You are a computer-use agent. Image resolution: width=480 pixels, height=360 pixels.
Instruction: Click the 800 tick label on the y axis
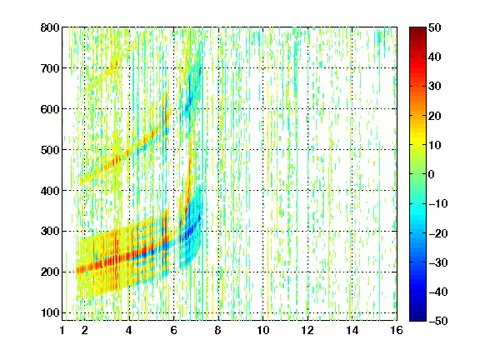click(x=50, y=27)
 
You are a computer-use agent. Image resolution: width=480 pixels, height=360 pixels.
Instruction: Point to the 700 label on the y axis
click(x=50, y=68)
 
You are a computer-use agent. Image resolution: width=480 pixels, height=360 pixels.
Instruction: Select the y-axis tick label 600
click(x=50, y=109)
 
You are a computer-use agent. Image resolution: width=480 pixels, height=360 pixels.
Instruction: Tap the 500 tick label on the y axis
click(x=50, y=150)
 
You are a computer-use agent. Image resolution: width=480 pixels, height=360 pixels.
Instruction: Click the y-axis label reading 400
click(x=50, y=191)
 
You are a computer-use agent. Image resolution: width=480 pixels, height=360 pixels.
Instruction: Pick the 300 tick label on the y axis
click(x=50, y=231)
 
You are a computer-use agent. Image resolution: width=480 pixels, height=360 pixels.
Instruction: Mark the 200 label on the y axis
click(x=50, y=272)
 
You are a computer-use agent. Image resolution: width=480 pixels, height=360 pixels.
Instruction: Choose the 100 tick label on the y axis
click(x=50, y=312)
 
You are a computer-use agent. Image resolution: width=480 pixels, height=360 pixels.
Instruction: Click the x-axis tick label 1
click(x=62, y=330)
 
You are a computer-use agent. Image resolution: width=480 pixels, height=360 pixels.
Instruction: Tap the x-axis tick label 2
click(x=85, y=330)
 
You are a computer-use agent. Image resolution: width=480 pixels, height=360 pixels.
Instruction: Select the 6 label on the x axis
click(x=174, y=330)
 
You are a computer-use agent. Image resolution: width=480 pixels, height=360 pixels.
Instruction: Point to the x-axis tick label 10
click(x=263, y=330)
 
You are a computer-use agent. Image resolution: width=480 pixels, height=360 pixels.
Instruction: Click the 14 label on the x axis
click(x=352, y=330)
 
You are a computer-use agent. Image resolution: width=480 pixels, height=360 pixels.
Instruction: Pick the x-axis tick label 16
click(x=397, y=330)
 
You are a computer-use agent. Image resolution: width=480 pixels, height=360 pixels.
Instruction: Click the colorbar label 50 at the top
click(x=435, y=27)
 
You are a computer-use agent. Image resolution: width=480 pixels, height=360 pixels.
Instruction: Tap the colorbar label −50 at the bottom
click(x=438, y=321)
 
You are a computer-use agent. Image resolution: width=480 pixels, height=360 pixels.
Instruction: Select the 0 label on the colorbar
click(x=432, y=174)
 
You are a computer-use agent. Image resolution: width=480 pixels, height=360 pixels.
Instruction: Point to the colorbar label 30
click(x=435, y=87)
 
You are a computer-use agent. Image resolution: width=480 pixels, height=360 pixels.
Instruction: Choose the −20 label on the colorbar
click(x=438, y=233)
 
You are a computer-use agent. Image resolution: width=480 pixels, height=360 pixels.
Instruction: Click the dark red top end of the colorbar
click(x=417, y=28)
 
